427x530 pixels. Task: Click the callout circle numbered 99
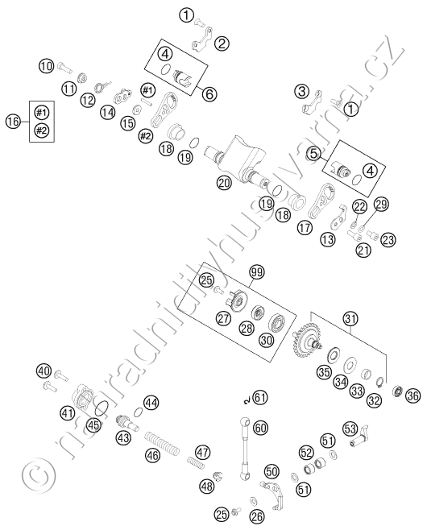(x=257, y=271)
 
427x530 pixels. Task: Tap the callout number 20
(x=224, y=183)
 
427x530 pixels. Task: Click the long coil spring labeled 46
(x=162, y=441)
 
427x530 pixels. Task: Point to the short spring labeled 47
(x=196, y=462)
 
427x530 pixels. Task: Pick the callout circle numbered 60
(x=260, y=428)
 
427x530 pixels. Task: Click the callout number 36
(x=412, y=395)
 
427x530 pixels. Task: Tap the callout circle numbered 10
(x=46, y=65)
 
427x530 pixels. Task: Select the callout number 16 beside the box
(x=14, y=121)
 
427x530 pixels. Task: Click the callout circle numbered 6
(x=209, y=94)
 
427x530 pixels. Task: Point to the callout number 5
(x=314, y=154)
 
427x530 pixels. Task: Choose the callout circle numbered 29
(x=381, y=204)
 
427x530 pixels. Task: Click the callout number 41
(x=68, y=412)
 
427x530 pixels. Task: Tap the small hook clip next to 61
(x=247, y=400)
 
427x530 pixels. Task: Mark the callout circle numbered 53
(x=350, y=429)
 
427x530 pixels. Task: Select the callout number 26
(x=257, y=516)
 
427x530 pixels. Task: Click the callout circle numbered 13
(x=327, y=240)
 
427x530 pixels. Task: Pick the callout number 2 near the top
(x=222, y=43)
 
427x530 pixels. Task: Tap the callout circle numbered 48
(x=207, y=486)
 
